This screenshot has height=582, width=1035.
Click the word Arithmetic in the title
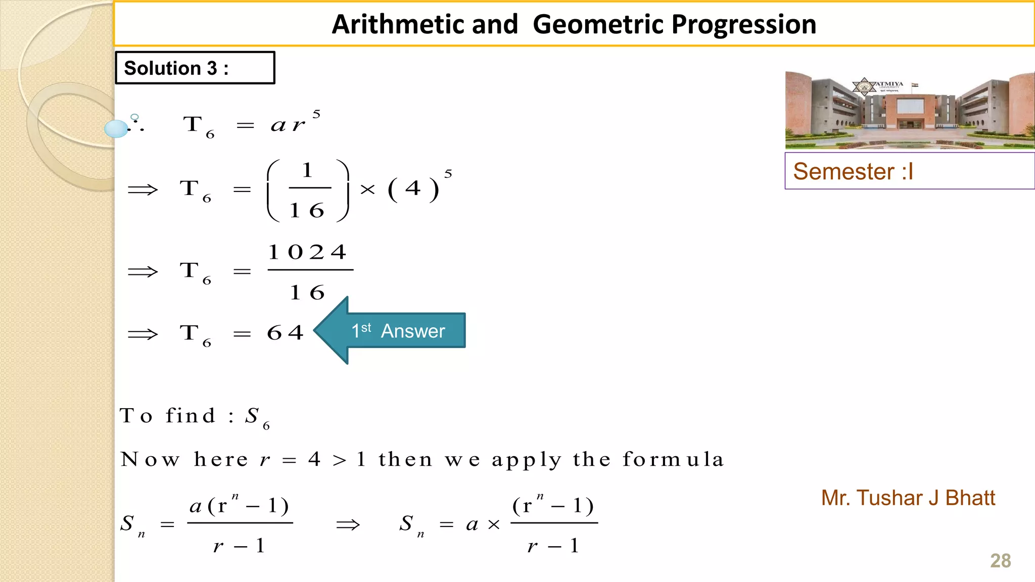(425, 24)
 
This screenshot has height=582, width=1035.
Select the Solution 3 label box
(195, 68)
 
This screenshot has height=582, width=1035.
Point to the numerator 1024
(307, 252)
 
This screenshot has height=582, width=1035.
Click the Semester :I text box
(909, 171)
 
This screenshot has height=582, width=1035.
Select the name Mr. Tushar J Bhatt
(908, 498)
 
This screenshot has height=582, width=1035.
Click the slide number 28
(1000, 561)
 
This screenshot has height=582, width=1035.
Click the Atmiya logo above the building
(865, 86)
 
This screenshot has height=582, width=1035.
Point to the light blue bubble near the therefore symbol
(116, 129)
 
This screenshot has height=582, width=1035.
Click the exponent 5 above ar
(316, 114)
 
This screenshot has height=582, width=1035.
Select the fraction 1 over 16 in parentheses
(307, 190)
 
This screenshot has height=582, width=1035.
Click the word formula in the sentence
(673, 459)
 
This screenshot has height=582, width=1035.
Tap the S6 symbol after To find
(257, 417)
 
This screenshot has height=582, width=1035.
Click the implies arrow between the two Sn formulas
(348, 524)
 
